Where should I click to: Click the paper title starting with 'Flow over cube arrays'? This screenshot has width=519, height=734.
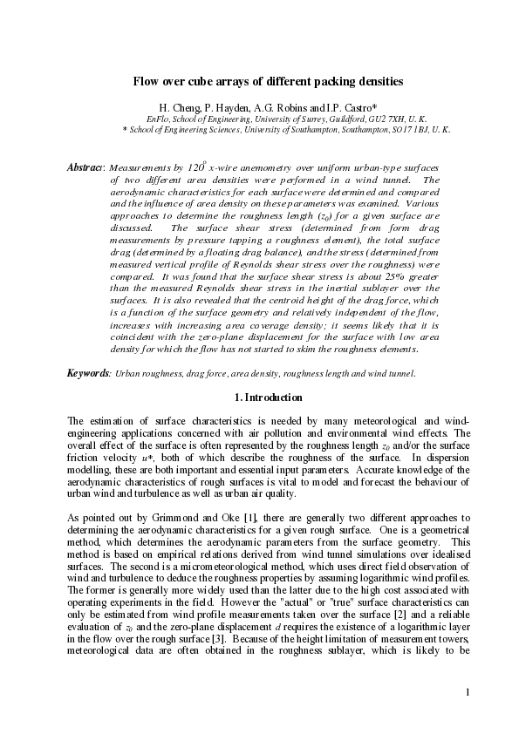point(267,82)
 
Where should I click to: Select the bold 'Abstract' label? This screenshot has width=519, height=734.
point(86,166)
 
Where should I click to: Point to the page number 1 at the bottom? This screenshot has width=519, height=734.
point(468,692)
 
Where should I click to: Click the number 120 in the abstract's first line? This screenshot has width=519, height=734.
point(196,166)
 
